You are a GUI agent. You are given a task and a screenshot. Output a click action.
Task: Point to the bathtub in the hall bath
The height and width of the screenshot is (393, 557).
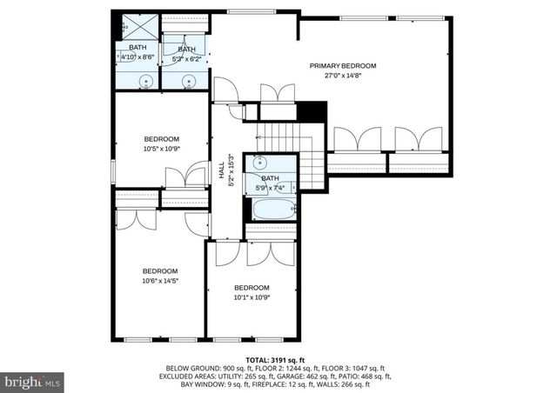270,210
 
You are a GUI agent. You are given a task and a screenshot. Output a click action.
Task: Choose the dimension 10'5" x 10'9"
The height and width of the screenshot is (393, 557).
161,149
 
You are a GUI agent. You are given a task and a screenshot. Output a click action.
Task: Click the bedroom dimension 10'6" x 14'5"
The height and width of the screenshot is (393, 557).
160,280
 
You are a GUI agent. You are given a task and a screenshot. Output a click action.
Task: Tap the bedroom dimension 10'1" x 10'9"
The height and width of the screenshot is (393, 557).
251,297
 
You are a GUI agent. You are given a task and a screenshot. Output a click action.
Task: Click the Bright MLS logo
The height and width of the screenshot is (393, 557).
33,381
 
